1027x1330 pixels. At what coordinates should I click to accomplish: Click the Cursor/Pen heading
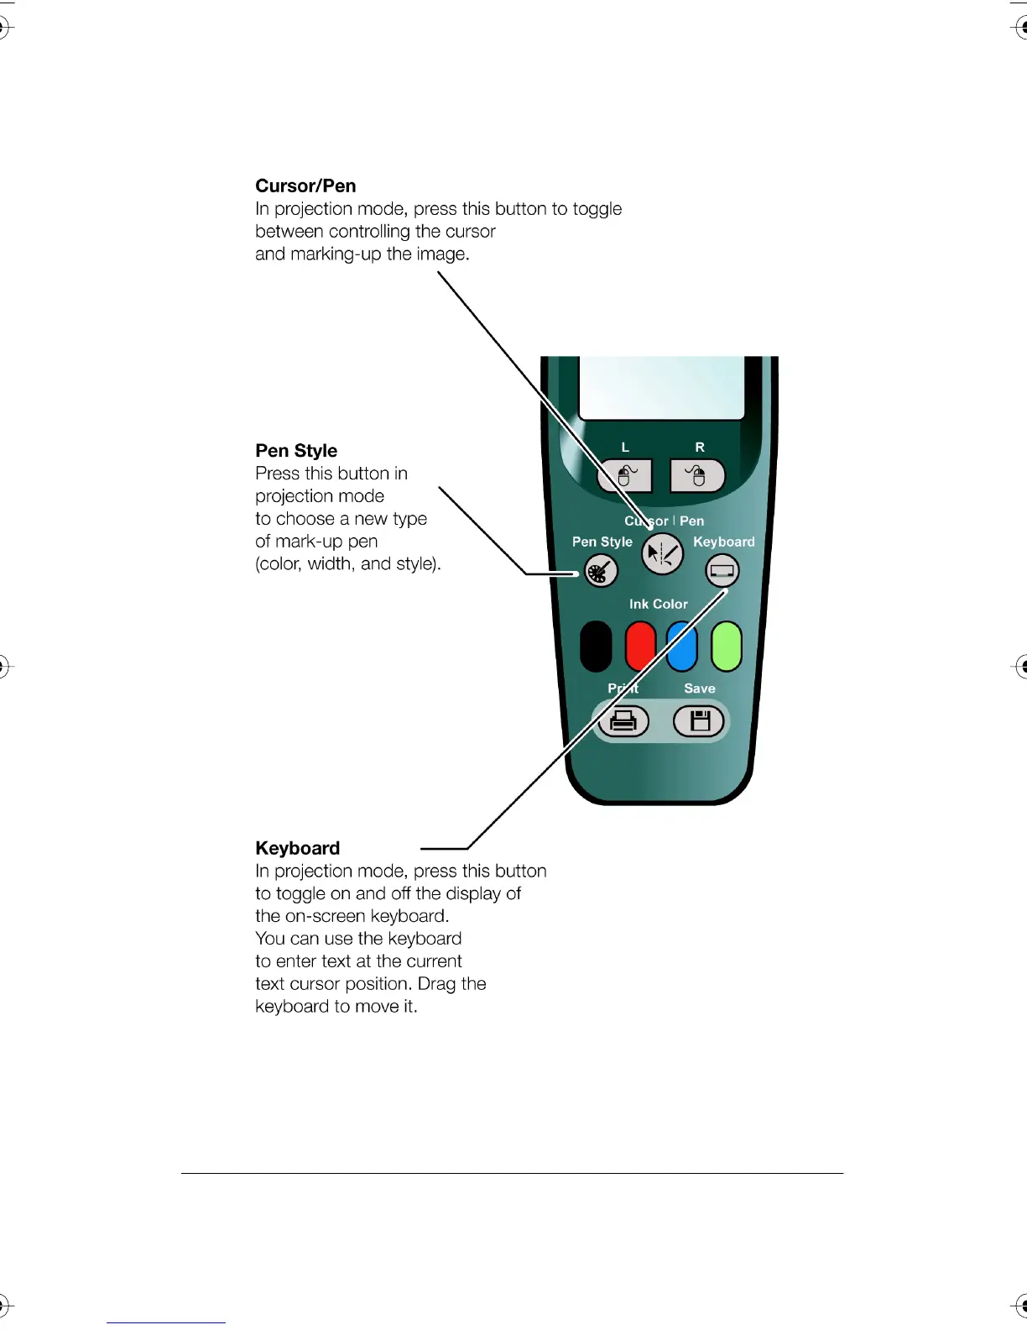(x=305, y=186)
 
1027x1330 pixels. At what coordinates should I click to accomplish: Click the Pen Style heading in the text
(x=296, y=451)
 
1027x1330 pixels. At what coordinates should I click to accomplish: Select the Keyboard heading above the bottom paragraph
(x=297, y=848)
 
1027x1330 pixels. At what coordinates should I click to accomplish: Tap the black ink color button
(x=596, y=647)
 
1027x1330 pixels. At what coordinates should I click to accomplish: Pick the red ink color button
(x=640, y=647)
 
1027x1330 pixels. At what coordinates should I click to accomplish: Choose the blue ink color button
(x=682, y=647)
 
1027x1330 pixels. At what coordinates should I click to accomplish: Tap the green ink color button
(x=727, y=647)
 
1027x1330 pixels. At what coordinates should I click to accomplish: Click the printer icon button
(x=623, y=721)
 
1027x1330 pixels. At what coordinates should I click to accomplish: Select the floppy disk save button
(x=700, y=721)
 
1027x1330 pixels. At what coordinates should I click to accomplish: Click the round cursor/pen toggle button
(x=662, y=554)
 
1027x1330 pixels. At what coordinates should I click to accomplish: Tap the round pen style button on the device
(x=601, y=572)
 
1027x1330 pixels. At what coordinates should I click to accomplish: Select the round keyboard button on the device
(x=722, y=572)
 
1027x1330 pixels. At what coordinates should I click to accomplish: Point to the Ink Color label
(x=658, y=604)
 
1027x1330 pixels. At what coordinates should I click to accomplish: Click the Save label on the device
(x=700, y=689)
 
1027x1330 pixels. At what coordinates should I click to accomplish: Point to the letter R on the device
(x=700, y=448)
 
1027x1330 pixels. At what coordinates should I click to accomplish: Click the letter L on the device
(x=625, y=448)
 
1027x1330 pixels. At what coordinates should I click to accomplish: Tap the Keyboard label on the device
(x=723, y=542)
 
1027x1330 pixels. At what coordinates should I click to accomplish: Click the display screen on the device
(x=662, y=387)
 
